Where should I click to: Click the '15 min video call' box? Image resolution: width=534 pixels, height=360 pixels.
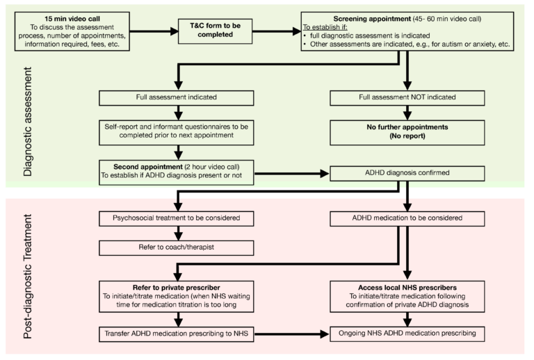(x=74, y=31)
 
